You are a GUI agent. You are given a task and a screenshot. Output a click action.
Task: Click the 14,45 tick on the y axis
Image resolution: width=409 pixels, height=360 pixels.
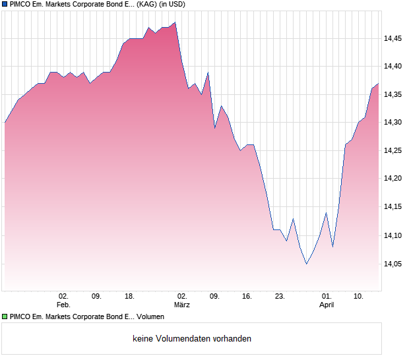(x=393, y=38)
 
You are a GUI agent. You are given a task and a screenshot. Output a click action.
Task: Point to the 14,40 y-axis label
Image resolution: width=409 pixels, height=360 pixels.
(x=393, y=67)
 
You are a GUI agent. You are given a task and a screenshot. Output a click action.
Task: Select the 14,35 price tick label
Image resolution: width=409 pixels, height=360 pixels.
(x=393, y=95)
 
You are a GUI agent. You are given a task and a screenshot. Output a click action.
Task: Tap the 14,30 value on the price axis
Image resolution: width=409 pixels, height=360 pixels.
(x=393, y=123)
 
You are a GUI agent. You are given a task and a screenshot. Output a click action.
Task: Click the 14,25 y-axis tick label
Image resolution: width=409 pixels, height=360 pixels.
(x=393, y=151)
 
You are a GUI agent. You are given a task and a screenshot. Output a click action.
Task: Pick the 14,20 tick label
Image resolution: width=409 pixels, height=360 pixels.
(x=393, y=179)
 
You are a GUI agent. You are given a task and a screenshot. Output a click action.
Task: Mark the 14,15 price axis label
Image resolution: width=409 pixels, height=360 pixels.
(x=393, y=207)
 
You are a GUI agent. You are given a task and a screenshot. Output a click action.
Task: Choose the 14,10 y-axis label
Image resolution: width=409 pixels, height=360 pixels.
(x=393, y=235)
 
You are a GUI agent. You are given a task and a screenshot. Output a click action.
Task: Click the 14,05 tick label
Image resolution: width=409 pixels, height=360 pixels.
(x=393, y=264)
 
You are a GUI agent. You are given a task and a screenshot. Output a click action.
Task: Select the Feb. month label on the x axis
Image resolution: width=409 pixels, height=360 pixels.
(x=63, y=305)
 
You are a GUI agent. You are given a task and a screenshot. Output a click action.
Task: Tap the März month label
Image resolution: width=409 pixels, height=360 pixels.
(x=182, y=305)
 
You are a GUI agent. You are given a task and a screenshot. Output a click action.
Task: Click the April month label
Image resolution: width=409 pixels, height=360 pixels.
(x=327, y=305)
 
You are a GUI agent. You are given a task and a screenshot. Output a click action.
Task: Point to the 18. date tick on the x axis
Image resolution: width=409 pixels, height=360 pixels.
(x=129, y=297)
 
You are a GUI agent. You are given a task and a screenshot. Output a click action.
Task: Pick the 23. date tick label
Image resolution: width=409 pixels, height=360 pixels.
(x=280, y=297)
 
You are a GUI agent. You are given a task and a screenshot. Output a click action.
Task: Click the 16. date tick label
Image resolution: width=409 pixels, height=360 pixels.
(x=247, y=297)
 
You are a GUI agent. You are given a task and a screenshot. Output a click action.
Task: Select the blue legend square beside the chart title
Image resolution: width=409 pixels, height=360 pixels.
(x=5, y=4)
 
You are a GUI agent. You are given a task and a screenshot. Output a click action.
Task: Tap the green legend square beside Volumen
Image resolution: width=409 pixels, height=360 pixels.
(x=5, y=316)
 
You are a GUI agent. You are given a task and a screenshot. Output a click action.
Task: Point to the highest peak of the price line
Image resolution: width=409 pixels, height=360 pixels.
(x=175, y=22)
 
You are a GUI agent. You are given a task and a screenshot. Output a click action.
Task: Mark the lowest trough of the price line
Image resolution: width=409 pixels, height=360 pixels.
(x=306, y=264)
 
